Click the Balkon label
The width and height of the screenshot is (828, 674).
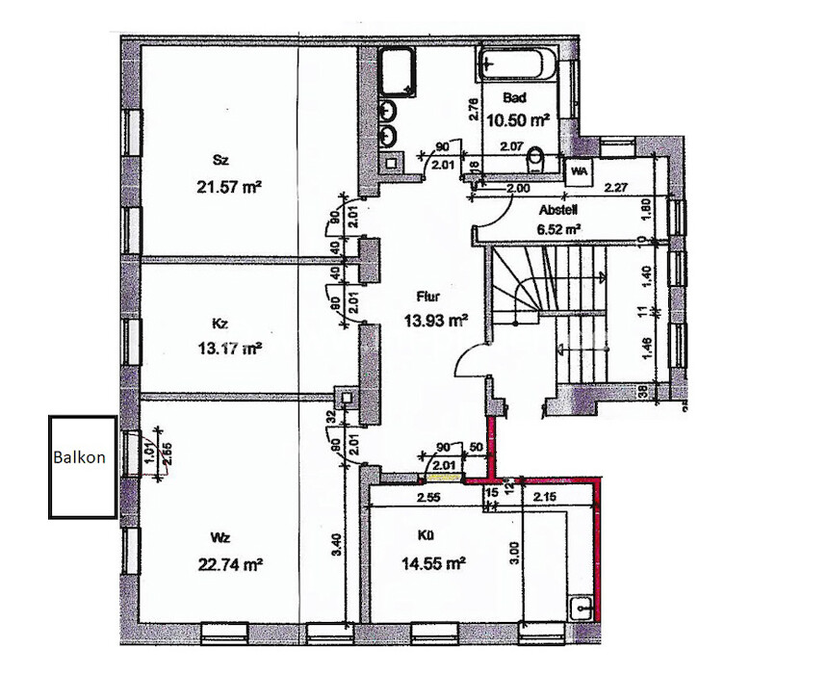coord(80,458)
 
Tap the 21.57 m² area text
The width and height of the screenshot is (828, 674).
coord(228,189)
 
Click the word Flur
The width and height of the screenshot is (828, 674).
coord(428,298)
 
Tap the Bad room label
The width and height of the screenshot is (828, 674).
coord(514,98)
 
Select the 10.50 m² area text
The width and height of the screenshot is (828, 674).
coord(519,119)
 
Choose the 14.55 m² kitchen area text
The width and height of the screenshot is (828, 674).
coord(432,562)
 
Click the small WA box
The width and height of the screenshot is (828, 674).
coord(580,170)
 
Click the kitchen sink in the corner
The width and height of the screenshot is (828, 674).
coord(581,609)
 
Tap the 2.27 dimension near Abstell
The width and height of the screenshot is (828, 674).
coord(617,190)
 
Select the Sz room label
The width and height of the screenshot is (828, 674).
coord(220,161)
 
